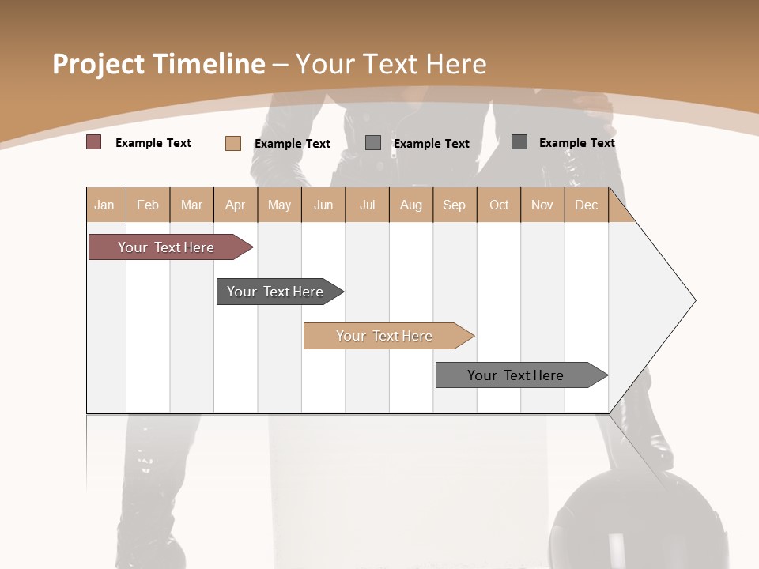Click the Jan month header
pos(104,205)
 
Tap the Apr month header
pos(235,205)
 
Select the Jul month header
pos(367,205)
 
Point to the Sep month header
pos(454,205)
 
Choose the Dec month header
pos(586,205)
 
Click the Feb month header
pos(148,205)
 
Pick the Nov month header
pos(542,205)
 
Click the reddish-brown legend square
pos(94,142)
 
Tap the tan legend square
pos(233,143)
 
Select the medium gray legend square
pos(373,142)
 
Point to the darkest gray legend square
pos(519,141)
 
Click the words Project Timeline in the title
pos(158,64)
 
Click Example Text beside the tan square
pos(293,144)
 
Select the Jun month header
pos(323,205)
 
